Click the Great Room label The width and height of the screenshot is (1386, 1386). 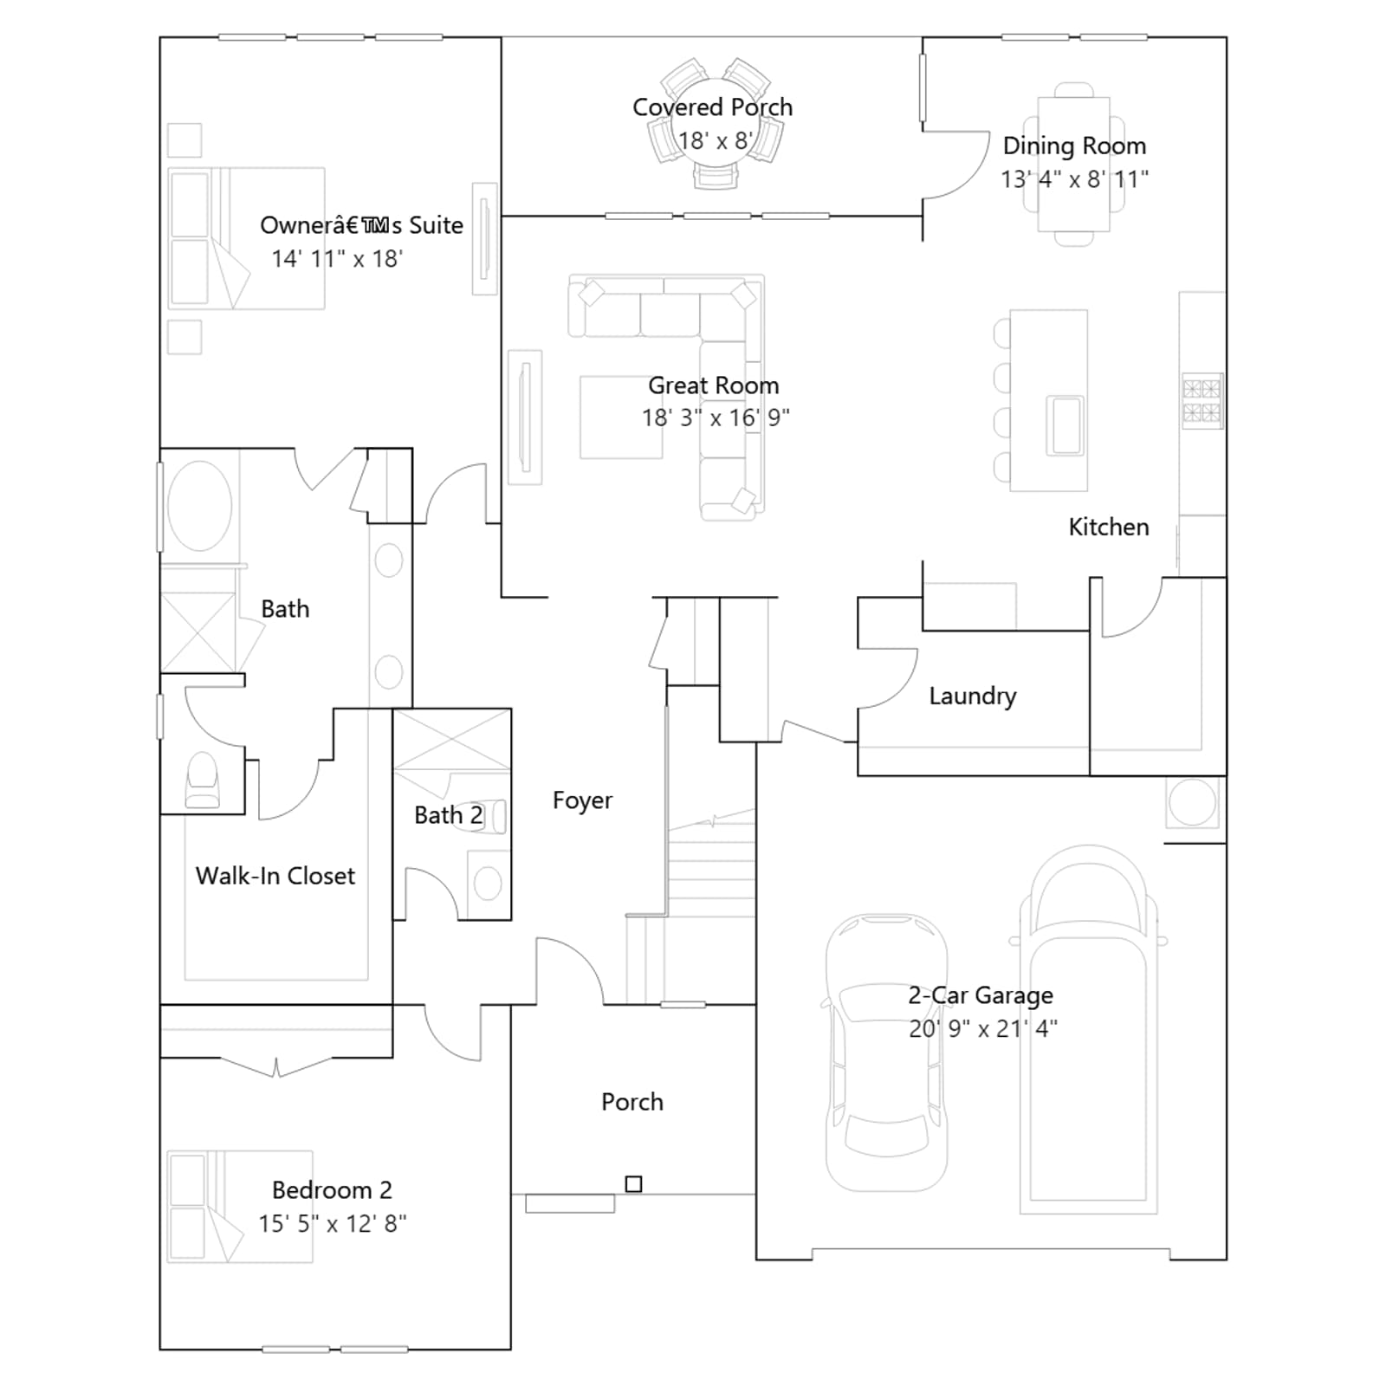pos(714,385)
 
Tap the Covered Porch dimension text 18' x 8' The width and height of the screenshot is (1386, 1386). pos(715,140)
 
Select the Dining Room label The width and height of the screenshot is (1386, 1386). pos(1074,146)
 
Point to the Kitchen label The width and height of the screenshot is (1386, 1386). pos(1109,527)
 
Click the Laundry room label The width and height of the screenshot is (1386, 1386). pos(973,696)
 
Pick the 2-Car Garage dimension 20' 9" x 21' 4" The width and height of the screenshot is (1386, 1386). pos(983,1028)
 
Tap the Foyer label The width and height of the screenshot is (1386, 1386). pos(582,800)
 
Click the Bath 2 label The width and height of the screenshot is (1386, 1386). pos(448,815)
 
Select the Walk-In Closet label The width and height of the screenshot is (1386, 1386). pos(275,876)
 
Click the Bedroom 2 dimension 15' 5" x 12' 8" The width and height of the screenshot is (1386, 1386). pos(333,1223)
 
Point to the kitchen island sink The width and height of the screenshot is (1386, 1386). pos(1065,424)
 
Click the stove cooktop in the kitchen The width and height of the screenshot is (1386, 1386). pos(1202,400)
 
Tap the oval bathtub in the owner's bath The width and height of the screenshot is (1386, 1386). pos(199,506)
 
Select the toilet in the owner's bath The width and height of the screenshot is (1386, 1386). pos(203,780)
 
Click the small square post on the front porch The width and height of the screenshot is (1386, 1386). pos(634,1184)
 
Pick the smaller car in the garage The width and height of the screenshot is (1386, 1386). pos(885,1052)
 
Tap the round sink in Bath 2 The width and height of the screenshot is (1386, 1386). pos(488,884)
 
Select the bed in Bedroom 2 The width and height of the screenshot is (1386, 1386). pos(240,1207)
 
